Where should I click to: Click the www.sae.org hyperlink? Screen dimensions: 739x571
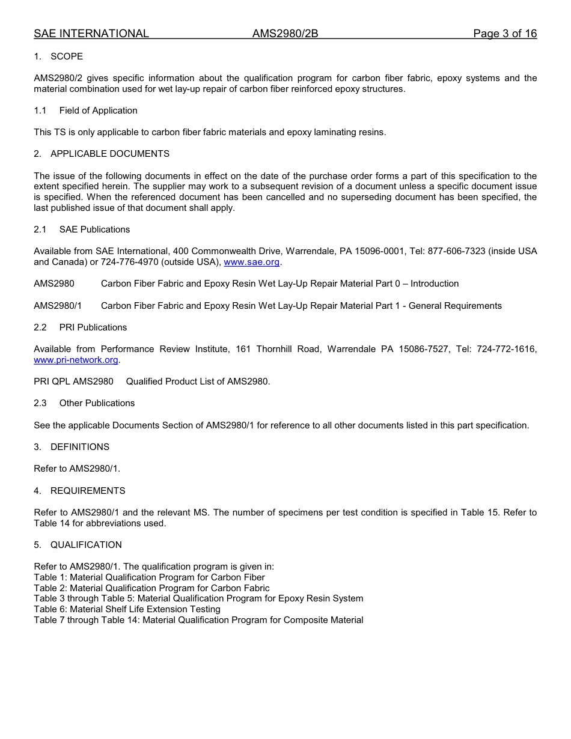251,262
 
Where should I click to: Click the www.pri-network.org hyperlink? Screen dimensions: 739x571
76,360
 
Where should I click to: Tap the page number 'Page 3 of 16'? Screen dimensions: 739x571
504,34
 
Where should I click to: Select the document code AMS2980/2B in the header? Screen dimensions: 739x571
285,34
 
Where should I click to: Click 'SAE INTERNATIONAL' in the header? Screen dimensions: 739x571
91,34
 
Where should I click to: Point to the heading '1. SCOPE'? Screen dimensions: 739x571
58,56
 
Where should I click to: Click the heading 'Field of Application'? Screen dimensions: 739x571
98,111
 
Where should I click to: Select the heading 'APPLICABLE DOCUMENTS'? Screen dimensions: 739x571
109,154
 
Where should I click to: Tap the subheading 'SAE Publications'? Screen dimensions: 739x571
94,230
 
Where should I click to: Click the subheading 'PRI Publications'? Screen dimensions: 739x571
93,327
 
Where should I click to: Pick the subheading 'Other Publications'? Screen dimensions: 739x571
97,403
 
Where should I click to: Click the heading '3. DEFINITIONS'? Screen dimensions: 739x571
72,447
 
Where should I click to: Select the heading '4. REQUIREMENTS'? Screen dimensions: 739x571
79,491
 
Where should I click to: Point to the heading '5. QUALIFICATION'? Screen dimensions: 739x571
78,545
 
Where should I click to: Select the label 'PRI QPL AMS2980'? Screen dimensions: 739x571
73,382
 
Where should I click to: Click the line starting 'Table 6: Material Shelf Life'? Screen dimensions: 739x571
127,609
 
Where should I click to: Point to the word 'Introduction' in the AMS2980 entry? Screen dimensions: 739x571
435,284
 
